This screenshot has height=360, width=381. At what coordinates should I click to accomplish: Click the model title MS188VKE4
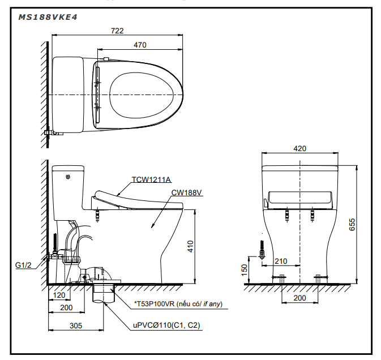pyautogui.click(x=49, y=17)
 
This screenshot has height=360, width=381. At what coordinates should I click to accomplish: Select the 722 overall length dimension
pyautogui.click(x=117, y=31)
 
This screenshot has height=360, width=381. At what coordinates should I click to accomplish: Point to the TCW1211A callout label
pyautogui.click(x=151, y=181)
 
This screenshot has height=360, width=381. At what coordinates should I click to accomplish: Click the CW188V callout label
pyautogui.click(x=186, y=192)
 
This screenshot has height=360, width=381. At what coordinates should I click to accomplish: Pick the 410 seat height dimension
pyautogui.click(x=191, y=246)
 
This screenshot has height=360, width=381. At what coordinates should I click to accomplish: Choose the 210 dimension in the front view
pyautogui.click(x=280, y=261)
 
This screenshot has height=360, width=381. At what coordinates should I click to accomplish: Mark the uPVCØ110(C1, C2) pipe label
pyautogui.click(x=166, y=325)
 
